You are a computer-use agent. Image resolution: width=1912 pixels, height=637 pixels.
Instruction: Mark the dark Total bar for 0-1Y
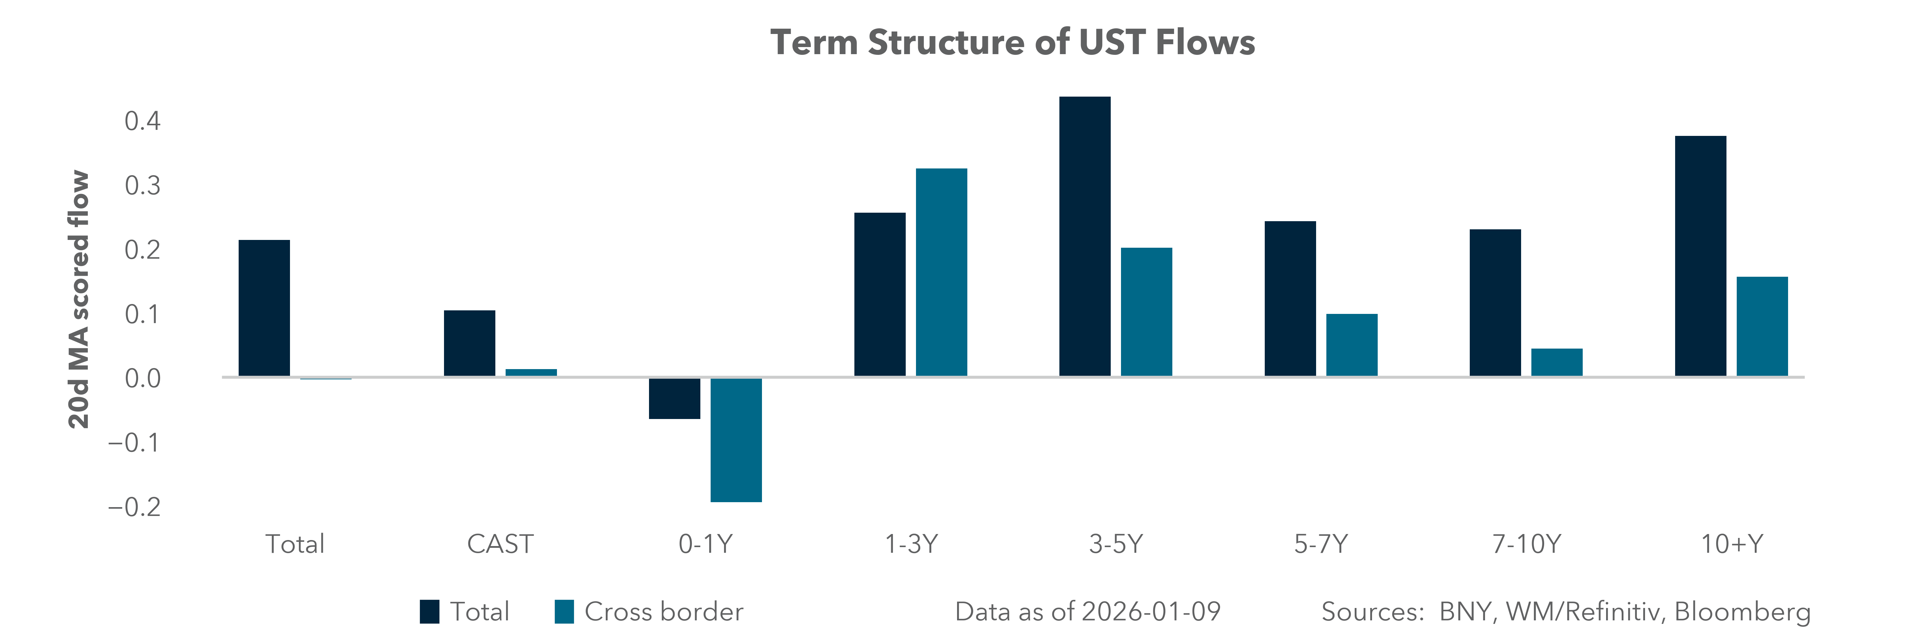674,398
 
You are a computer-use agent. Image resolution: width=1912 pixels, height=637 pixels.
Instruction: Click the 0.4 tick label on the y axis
142,121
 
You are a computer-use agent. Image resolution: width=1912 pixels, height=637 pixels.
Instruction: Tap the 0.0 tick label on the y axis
142,379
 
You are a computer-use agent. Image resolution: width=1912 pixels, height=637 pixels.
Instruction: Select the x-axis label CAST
500,544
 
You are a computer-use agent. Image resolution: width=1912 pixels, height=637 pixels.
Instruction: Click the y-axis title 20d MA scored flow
79,300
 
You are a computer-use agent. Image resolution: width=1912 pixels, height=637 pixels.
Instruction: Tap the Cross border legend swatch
564,612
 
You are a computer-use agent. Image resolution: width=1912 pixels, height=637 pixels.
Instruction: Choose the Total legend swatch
429,612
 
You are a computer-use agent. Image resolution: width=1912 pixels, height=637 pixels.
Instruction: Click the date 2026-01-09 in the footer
1150,612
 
